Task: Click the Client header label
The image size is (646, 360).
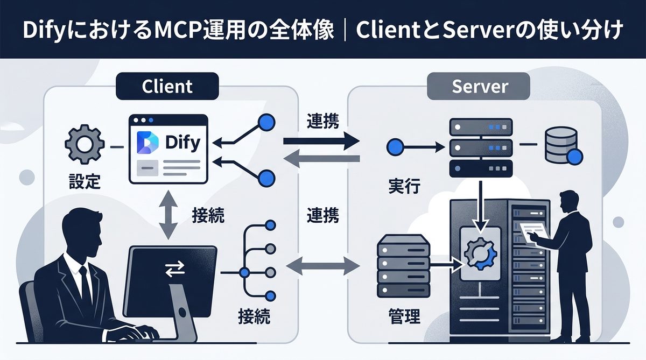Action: (167, 86)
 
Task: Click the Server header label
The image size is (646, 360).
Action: (478, 86)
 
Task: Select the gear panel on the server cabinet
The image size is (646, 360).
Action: (481, 251)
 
